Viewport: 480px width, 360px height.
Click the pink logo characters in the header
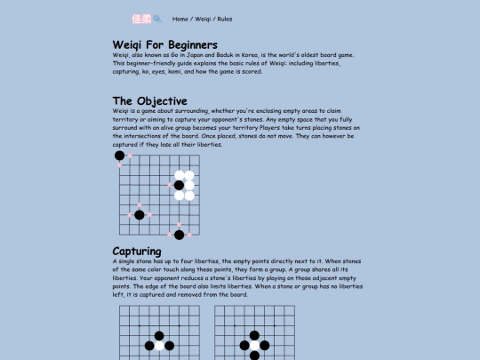[x=140, y=18]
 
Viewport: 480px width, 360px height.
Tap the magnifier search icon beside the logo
[x=157, y=18]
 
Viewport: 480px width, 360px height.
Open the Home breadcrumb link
[x=180, y=19]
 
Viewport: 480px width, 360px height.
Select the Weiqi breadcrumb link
[x=203, y=19]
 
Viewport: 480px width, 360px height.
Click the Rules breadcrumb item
[x=225, y=19]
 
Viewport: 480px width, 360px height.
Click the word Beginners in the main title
[x=184, y=44]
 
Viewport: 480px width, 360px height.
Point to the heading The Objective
[x=149, y=100]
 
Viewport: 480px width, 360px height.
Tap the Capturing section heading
[x=137, y=252]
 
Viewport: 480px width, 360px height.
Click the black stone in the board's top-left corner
[x=120, y=156]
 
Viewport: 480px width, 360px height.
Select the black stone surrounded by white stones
[x=179, y=185]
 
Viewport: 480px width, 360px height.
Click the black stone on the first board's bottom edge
[x=179, y=235]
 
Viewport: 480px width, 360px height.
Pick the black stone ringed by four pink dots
[x=140, y=215]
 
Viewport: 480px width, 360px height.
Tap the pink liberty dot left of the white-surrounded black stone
[x=169, y=185]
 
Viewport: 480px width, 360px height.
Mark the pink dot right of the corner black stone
[x=130, y=156]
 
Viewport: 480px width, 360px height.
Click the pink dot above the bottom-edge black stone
[x=179, y=225]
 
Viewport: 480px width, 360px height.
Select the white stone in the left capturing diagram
[x=159, y=345]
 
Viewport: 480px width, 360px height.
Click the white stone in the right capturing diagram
[x=254, y=345]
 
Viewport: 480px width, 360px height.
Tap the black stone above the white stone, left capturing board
[x=159, y=335]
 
